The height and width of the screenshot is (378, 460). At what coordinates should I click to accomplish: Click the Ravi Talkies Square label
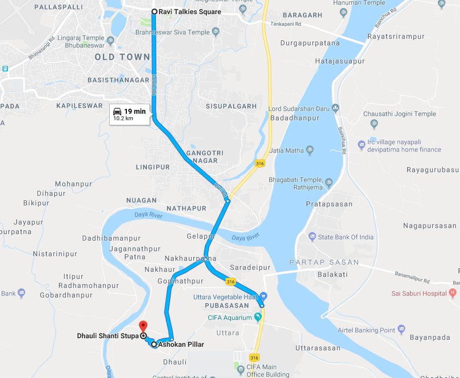point(190,12)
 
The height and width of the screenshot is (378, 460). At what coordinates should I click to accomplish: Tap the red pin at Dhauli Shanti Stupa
point(142,326)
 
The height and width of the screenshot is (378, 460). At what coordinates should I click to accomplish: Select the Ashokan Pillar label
point(181,345)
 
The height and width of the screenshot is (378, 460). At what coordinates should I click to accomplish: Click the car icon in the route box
point(117,111)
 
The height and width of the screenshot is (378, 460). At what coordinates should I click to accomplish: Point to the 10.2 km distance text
point(123,119)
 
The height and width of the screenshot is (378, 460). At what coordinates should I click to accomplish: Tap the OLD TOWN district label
point(122,57)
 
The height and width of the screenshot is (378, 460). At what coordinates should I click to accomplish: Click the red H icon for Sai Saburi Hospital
point(452,292)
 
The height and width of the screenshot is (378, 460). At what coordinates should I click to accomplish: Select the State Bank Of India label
point(345,237)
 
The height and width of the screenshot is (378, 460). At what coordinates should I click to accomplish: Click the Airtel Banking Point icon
point(401,330)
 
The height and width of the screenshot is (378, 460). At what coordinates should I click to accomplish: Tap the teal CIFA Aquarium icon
point(258,318)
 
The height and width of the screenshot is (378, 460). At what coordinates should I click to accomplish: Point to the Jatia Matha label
point(287,150)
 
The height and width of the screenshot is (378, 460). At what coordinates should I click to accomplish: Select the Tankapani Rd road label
point(285,24)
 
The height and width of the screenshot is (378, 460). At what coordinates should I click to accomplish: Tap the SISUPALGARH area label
point(231,106)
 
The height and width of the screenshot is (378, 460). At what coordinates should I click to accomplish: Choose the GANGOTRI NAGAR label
point(202,157)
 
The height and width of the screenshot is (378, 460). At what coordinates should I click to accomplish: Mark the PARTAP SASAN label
point(324,262)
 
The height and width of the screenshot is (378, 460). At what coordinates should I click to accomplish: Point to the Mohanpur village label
point(73,184)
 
